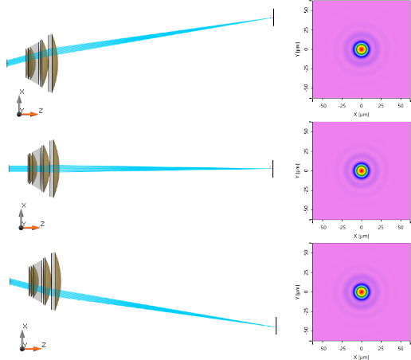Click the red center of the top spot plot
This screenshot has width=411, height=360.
coord(361,49)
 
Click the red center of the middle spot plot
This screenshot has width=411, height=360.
coord(361,170)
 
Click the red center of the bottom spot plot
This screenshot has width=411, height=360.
coord(361,292)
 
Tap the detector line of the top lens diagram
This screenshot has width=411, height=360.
coord(273,18)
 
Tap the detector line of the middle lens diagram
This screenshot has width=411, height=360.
coord(272,169)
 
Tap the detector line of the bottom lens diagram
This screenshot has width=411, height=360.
coord(276,326)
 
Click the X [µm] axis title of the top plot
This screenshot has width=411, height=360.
coord(361,115)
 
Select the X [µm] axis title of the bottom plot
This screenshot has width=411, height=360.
coord(361,357)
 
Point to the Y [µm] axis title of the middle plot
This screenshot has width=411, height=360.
coord(297,171)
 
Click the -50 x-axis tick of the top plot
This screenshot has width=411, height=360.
coord(323,106)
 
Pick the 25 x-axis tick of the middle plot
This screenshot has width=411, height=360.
coord(381,227)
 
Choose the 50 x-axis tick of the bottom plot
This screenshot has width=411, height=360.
coord(401,348)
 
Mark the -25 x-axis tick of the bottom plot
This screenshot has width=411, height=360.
coord(342,348)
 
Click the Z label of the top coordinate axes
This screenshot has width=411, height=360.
coord(41,111)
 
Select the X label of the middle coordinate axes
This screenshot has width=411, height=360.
coord(24,205)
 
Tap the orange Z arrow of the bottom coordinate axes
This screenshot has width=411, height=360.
coord(31,349)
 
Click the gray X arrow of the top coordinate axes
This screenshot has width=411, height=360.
coord(19,104)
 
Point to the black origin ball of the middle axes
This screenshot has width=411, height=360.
coord(21,228)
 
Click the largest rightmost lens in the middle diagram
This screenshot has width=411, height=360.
coord(54,169)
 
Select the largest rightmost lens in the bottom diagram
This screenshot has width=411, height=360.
coord(56,281)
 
